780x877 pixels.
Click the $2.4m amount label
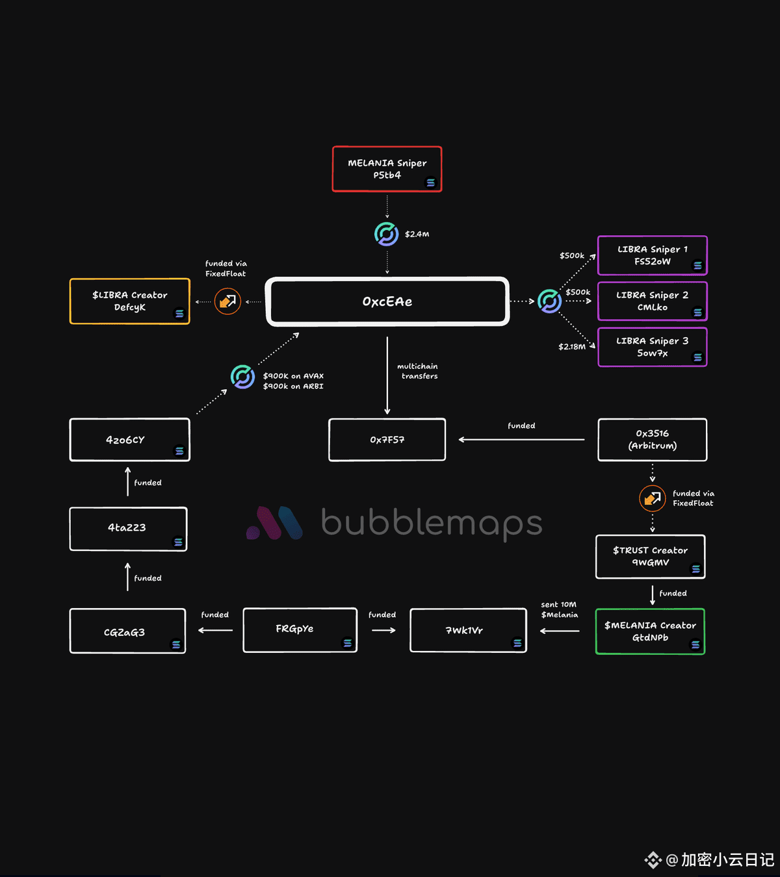[417, 234]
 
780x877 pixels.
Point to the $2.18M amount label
[572, 347]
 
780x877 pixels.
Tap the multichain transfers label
[417, 372]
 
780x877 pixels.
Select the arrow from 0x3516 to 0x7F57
[521, 440]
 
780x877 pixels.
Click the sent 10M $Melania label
[559, 609]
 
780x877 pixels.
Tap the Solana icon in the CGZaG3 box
[176, 644]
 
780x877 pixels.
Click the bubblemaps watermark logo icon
[274, 523]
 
